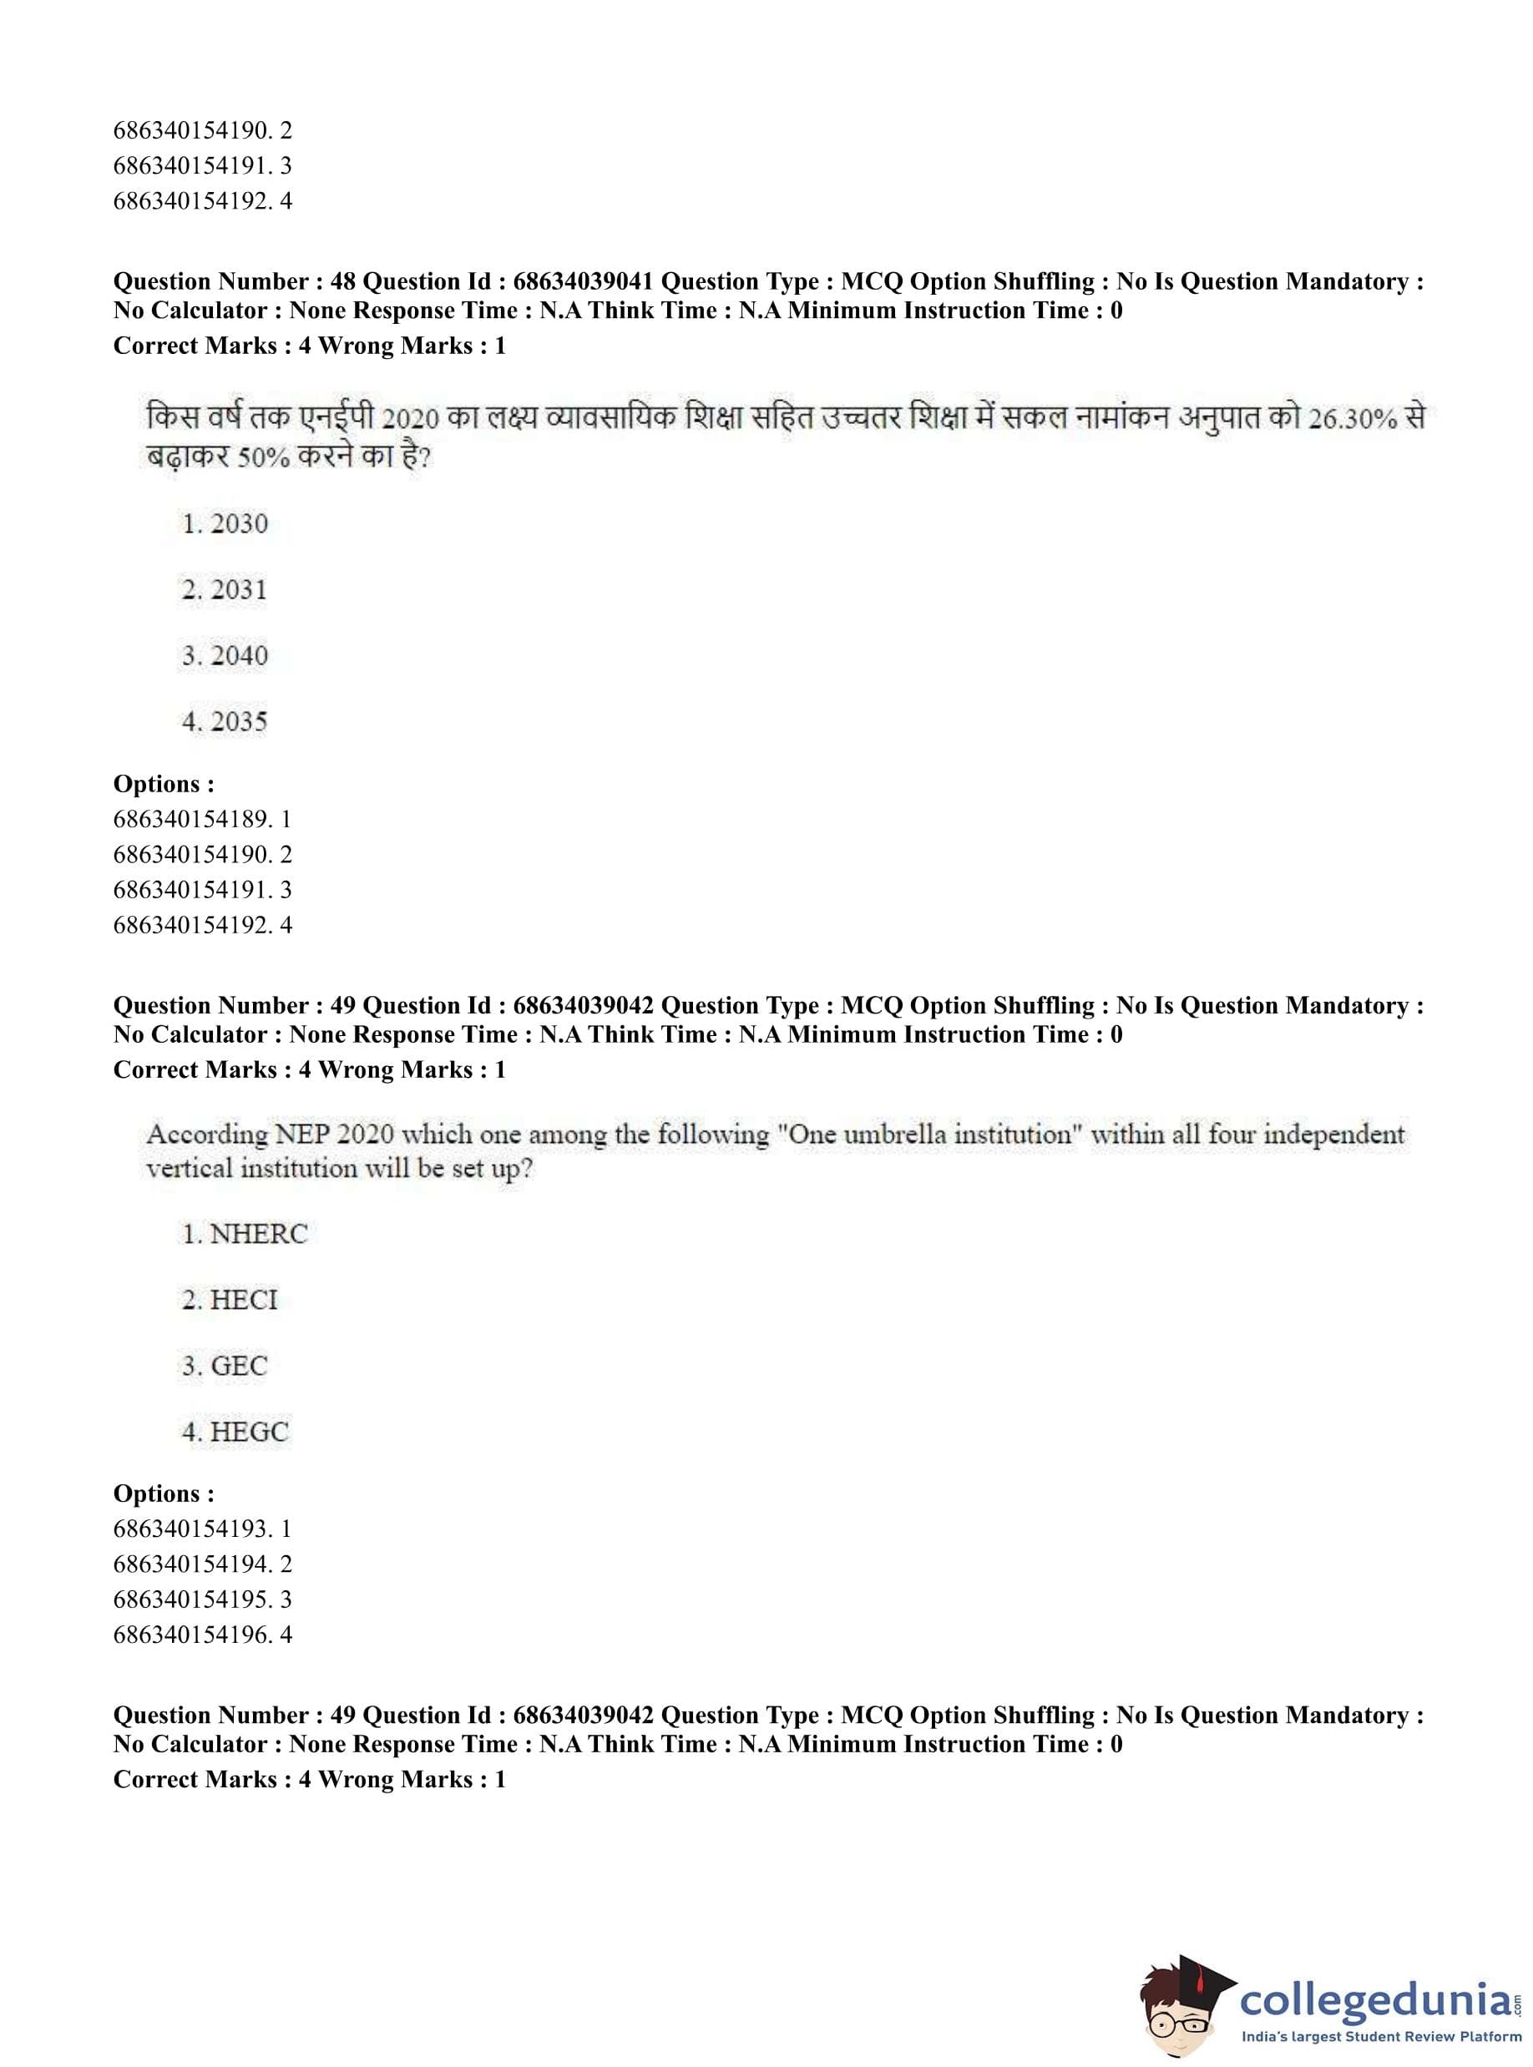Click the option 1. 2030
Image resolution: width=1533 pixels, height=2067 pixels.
[225, 524]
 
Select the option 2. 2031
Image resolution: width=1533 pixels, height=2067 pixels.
[225, 590]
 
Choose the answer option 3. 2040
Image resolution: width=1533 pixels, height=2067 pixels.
[225, 656]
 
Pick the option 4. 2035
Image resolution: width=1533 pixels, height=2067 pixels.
[225, 722]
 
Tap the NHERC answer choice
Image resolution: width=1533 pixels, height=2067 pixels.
[244, 1234]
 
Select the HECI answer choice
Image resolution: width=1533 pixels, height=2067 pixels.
[230, 1300]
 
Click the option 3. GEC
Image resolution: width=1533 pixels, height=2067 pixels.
[225, 1366]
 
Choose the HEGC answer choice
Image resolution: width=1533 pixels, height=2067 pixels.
[235, 1432]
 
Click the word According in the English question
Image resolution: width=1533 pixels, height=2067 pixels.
[207, 1135]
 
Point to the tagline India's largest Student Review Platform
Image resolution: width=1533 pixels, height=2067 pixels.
[1381, 2036]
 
